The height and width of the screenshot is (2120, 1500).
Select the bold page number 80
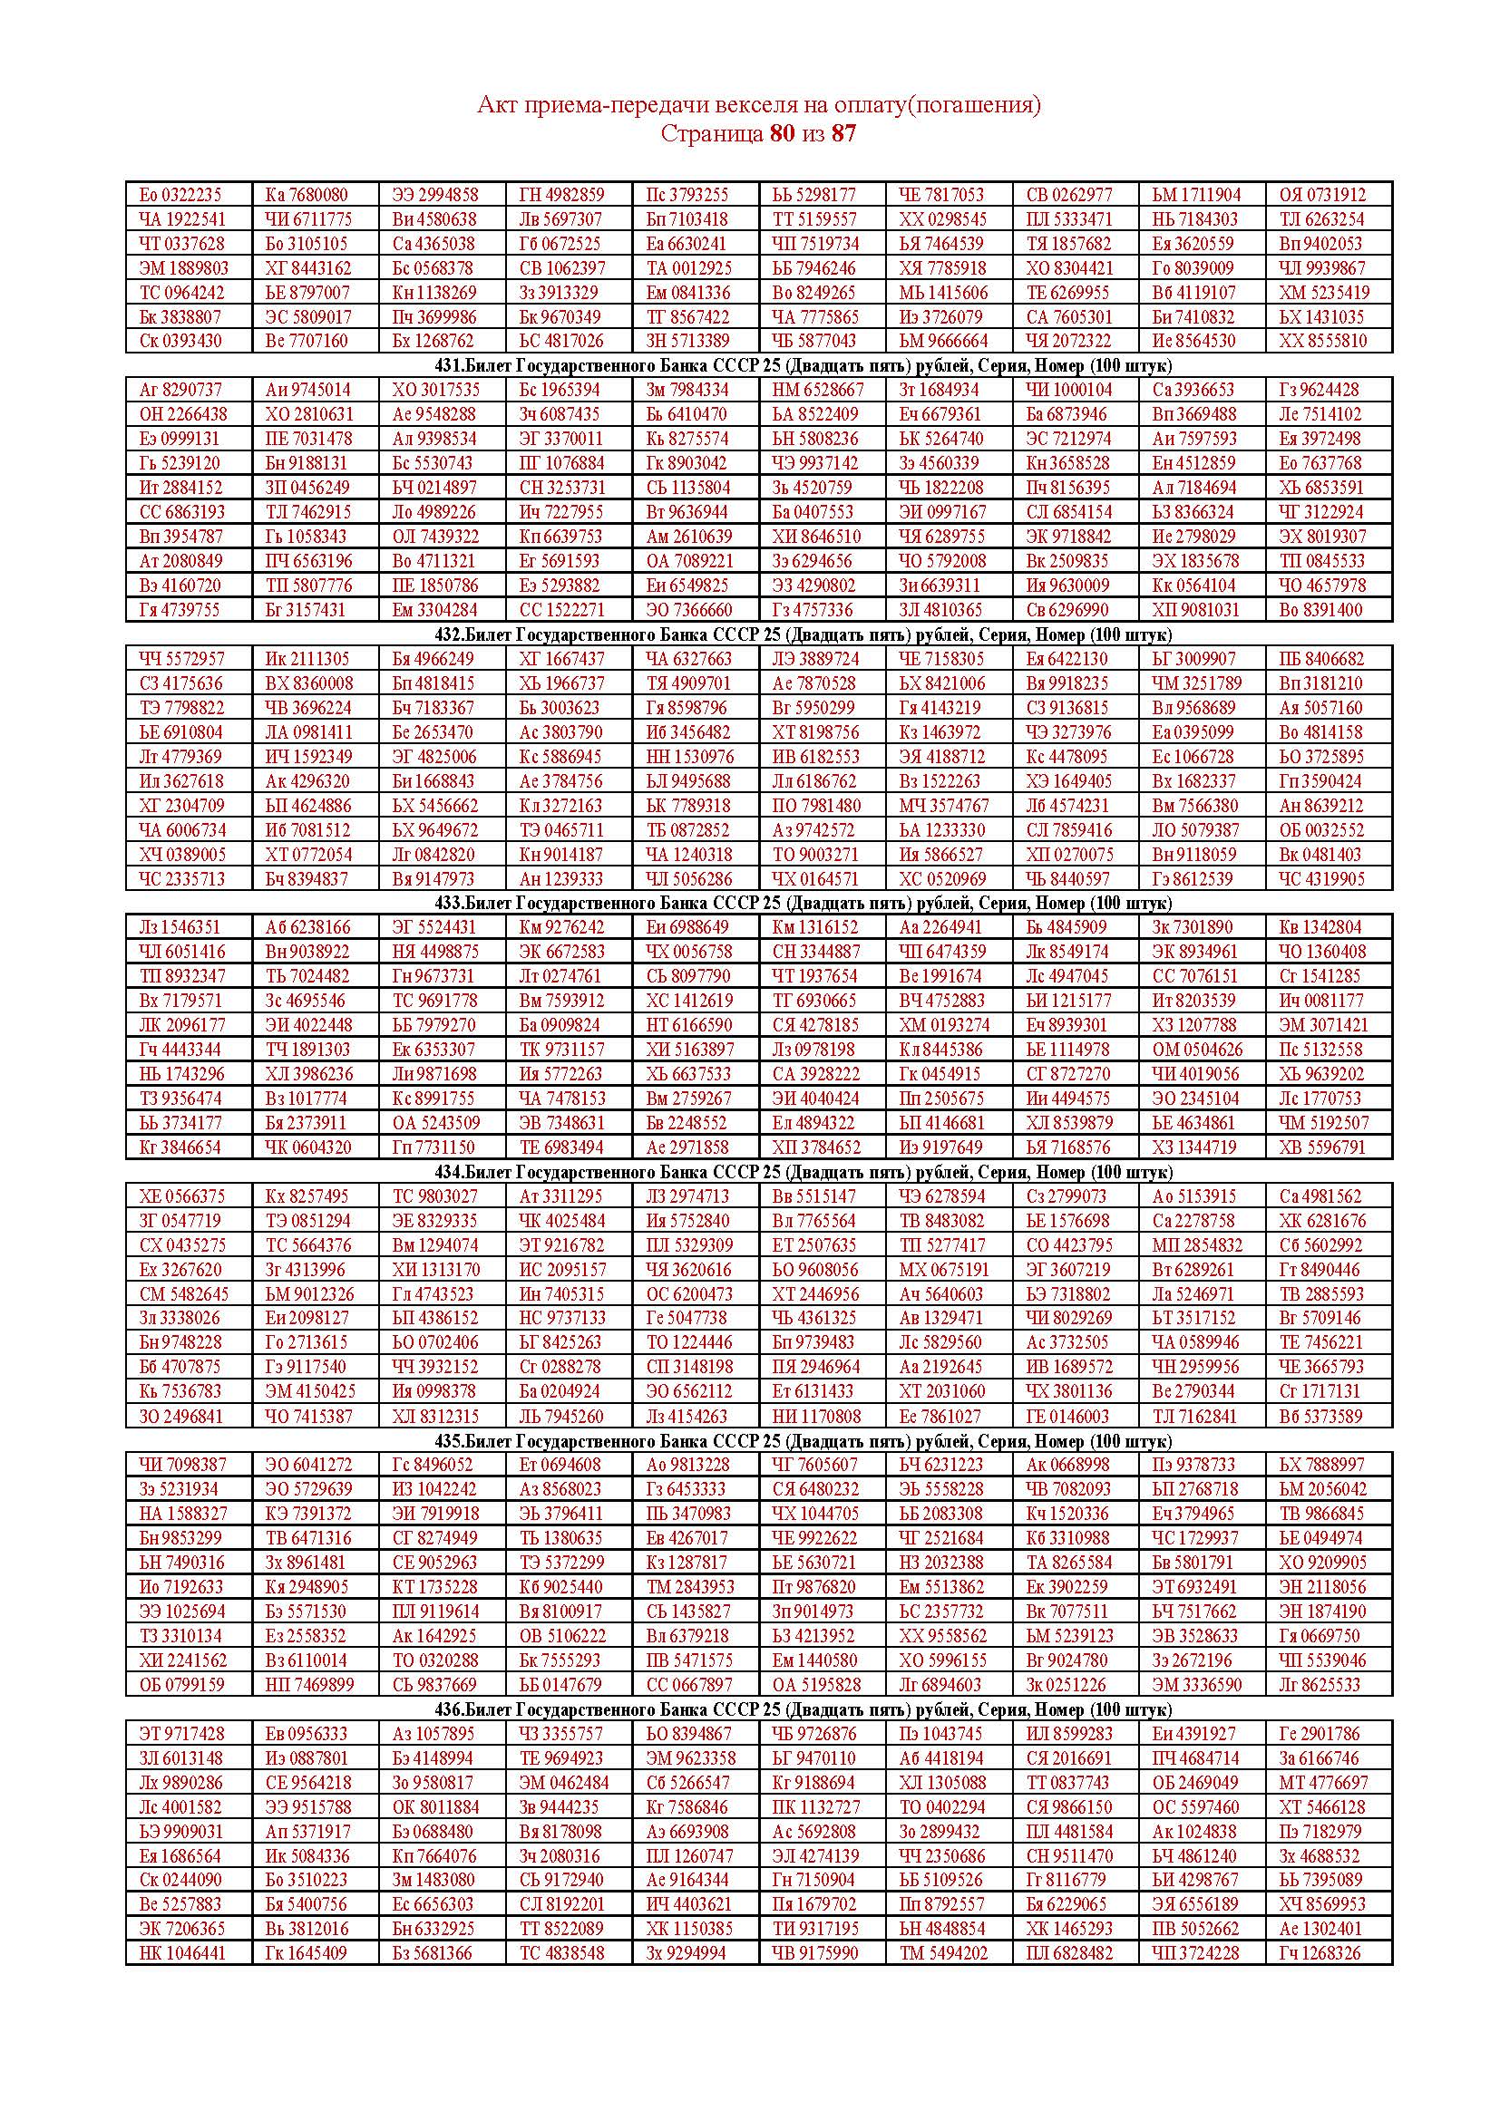pyautogui.click(x=782, y=134)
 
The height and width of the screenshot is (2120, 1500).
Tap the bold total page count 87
pyautogui.click(x=843, y=134)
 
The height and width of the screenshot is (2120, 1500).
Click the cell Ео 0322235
pyautogui.click(x=180, y=195)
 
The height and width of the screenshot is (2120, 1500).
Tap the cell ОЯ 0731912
pyautogui.click(x=1321, y=195)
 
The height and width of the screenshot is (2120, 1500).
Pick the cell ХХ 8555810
pyautogui.click(x=1321, y=341)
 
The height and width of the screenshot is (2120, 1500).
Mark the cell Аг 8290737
pyautogui.click(x=180, y=390)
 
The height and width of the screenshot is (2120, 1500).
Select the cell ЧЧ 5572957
pyautogui.click(x=181, y=658)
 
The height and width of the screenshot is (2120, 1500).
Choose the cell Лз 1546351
pyautogui.click(x=180, y=927)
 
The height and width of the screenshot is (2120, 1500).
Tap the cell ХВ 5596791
pyautogui.click(x=1321, y=1147)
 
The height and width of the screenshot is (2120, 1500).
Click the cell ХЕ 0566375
pyautogui.click(x=181, y=1196)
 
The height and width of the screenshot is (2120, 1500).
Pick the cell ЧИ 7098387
pyautogui.click(x=181, y=1465)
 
